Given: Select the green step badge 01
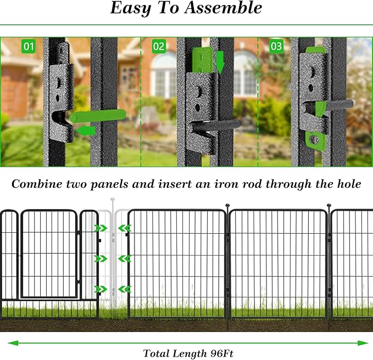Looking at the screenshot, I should [x=28, y=46].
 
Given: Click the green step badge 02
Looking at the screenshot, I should [x=159, y=46].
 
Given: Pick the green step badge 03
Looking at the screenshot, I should [x=276, y=46].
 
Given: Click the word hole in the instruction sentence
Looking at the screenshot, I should [x=347, y=184].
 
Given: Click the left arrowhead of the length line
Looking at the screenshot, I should [x=10, y=343].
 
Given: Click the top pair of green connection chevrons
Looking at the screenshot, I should [x=113, y=228].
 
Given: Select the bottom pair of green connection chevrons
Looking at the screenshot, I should [x=113, y=289].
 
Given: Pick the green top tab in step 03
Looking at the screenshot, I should [x=314, y=50].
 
